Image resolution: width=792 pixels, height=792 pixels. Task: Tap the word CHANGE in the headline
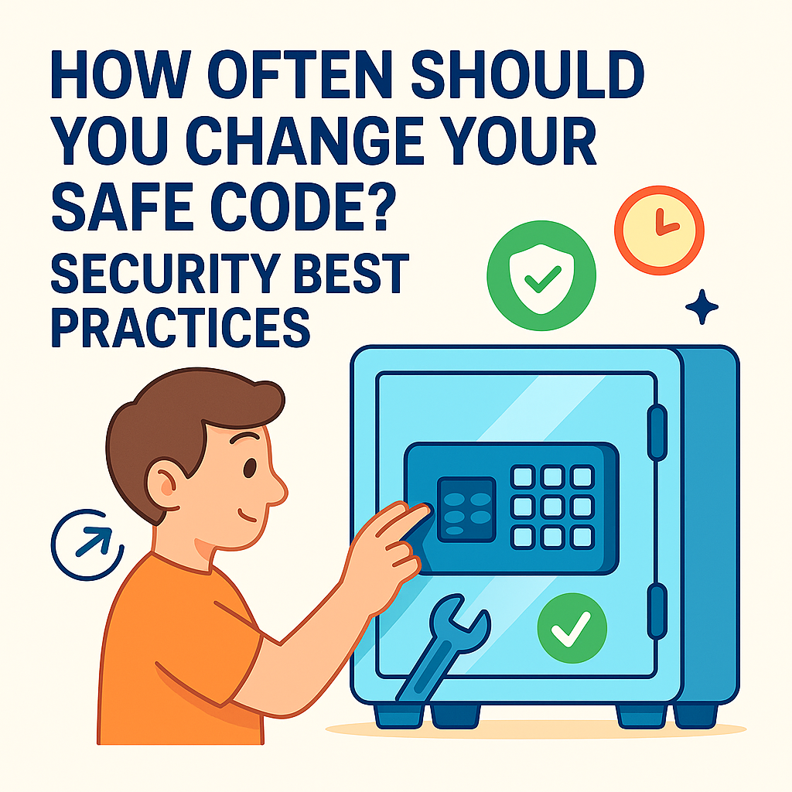click(x=304, y=141)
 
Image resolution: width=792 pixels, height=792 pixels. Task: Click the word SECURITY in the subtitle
click(x=166, y=273)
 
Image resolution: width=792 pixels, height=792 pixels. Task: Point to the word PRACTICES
click(x=180, y=327)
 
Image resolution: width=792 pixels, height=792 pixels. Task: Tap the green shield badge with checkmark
click(x=541, y=276)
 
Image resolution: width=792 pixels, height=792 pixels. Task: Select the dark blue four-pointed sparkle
click(x=702, y=306)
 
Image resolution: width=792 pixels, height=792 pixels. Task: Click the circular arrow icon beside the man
click(x=87, y=544)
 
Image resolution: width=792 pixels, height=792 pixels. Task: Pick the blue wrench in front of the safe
click(x=442, y=647)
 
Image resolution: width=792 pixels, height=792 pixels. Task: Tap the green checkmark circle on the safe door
click(x=572, y=628)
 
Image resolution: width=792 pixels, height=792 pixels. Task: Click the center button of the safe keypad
click(x=552, y=507)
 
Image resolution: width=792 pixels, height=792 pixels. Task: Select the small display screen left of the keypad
click(x=466, y=509)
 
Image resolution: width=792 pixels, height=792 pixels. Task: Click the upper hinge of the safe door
click(x=657, y=432)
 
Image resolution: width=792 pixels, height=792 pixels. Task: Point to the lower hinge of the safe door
click(x=657, y=611)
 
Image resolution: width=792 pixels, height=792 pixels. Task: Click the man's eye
click(x=250, y=468)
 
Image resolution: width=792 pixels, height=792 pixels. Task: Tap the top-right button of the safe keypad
click(x=582, y=476)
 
